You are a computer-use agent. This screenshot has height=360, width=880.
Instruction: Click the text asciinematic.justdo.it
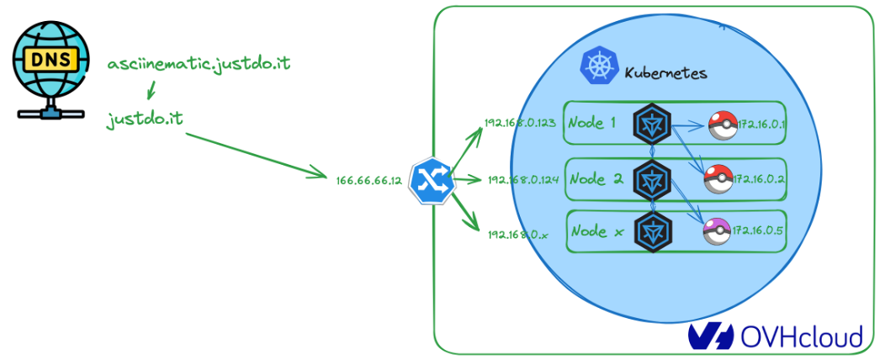click(x=199, y=64)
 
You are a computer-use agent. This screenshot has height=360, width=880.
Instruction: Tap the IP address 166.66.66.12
click(x=368, y=181)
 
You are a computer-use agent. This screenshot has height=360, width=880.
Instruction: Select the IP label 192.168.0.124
click(x=522, y=179)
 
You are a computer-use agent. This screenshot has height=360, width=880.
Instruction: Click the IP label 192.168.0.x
click(x=517, y=234)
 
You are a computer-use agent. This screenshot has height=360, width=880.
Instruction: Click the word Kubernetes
click(x=665, y=73)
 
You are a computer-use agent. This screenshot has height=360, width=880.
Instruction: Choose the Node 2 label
click(x=594, y=178)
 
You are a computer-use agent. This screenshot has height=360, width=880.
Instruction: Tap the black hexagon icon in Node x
click(x=653, y=230)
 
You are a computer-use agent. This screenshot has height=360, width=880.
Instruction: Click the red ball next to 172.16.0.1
click(x=721, y=125)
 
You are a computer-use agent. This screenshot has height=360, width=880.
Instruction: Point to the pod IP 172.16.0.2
click(x=760, y=179)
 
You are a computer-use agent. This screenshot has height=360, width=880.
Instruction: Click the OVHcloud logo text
click(x=800, y=336)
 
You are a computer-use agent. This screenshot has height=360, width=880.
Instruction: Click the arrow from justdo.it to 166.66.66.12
click(x=257, y=153)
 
